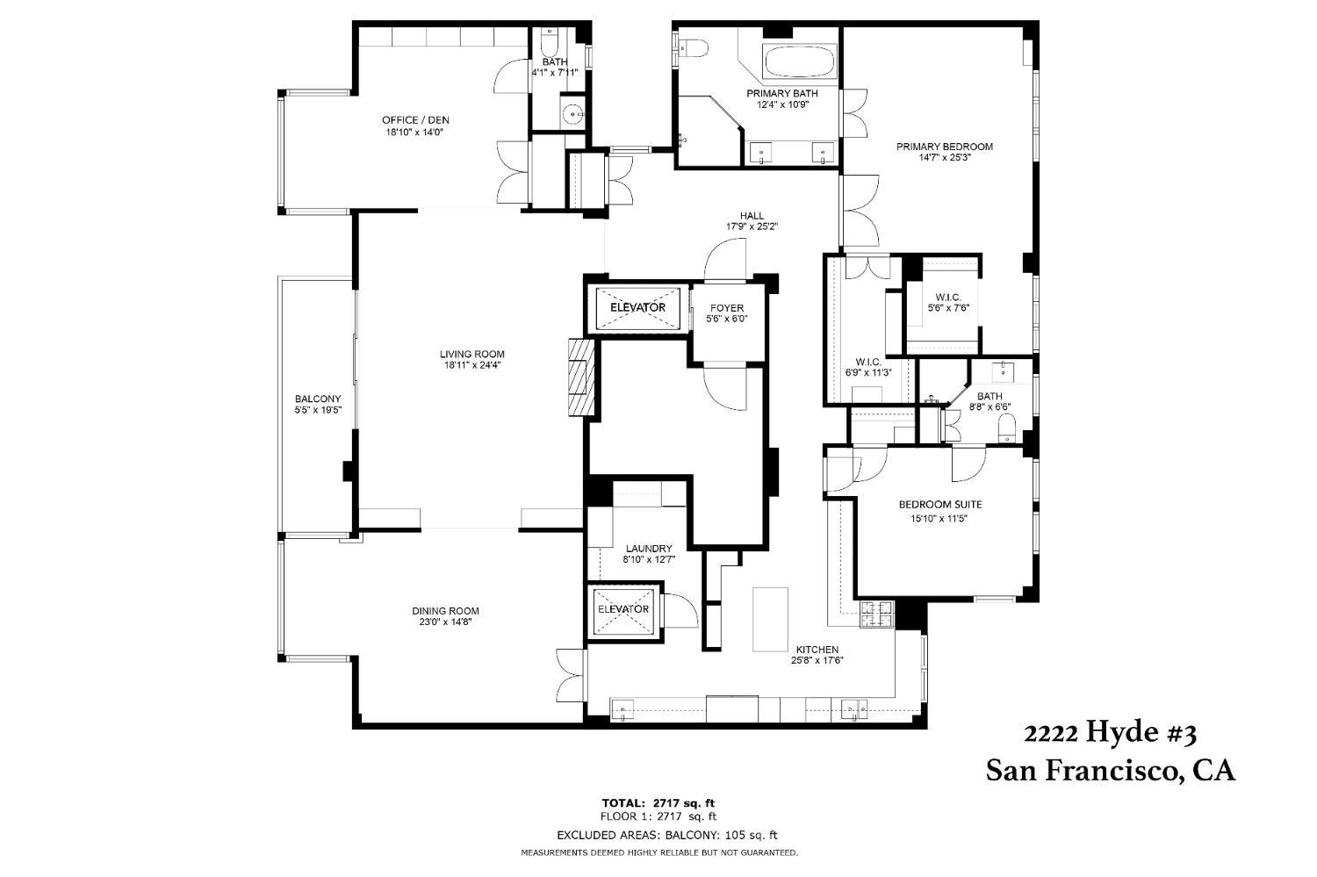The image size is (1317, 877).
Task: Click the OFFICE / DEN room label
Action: [x=415, y=120]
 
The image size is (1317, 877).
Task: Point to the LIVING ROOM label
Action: [x=472, y=354]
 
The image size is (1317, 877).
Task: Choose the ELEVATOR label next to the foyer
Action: [x=637, y=307]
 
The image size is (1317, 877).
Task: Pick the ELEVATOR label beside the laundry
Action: [x=623, y=609]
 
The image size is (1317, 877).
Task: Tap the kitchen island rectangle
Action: [x=770, y=619]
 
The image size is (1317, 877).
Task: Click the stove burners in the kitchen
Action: [x=876, y=615]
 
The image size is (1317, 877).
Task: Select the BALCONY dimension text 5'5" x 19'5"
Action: [x=318, y=410]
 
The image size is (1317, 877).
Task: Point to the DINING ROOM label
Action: [x=445, y=611]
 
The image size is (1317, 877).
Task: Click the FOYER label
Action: [x=727, y=308]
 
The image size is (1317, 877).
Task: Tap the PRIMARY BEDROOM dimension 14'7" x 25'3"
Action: [x=944, y=157]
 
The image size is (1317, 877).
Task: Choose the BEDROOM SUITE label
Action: [x=940, y=504]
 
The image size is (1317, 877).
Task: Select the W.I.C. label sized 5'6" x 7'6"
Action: [x=948, y=307]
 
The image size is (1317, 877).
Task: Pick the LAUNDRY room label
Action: [x=649, y=549]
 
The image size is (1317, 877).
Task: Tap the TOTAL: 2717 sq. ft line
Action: [x=658, y=802]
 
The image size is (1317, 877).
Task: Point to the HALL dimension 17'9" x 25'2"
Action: [x=752, y=226]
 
